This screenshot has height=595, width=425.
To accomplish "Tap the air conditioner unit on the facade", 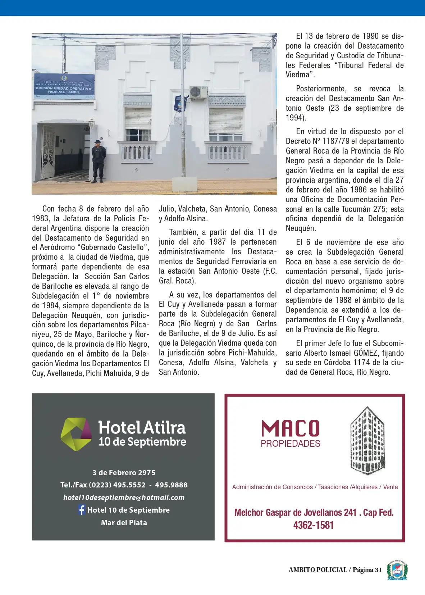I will click(x=198, y=92).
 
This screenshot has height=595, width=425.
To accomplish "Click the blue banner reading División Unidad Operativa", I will click(x=64, y=87).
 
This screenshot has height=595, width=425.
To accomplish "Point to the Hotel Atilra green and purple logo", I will click(x=76, y=434).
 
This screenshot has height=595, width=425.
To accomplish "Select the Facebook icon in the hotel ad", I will click(x=82, y=510).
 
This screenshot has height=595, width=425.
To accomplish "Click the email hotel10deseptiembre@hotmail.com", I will click(x=124, y=498).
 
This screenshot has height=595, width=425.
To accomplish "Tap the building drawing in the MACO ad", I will click(x=367, y=441).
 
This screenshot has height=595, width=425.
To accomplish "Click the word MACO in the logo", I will click(x=290, y=428).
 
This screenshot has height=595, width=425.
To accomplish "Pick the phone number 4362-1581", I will click(x=313, y=525).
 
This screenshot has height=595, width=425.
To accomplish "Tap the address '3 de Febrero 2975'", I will click(x=124, y=473).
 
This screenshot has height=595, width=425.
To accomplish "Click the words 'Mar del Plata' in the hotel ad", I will click(x=124, y=523).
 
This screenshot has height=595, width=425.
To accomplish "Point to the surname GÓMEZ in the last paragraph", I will click(x=366, y=353).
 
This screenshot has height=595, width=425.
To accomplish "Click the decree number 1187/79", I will click(x=335, y=141).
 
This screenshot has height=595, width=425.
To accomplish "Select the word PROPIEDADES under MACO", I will click(x=290, y=444).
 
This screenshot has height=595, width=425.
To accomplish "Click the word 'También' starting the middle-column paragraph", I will click(x=183, y=232).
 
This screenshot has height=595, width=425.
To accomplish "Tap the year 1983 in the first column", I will click(x=41, y=219).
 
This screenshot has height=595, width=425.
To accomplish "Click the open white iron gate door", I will click(x=48, y=152).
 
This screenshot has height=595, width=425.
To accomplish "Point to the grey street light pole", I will click(x=182, y=108).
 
